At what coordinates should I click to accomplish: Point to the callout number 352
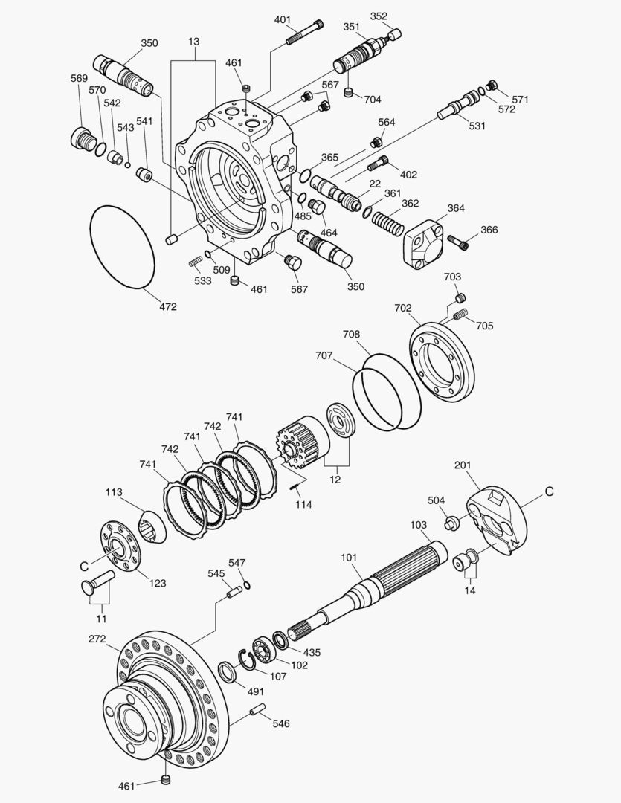[x=379, y=16]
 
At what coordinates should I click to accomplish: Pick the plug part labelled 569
[x=82, y=139]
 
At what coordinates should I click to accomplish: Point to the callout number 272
[x=97, y=639]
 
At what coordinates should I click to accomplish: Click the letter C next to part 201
[x=550, y=491]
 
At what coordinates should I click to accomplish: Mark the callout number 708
[x=352, y=335]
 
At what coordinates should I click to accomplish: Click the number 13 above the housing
[x=193, y=42]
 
